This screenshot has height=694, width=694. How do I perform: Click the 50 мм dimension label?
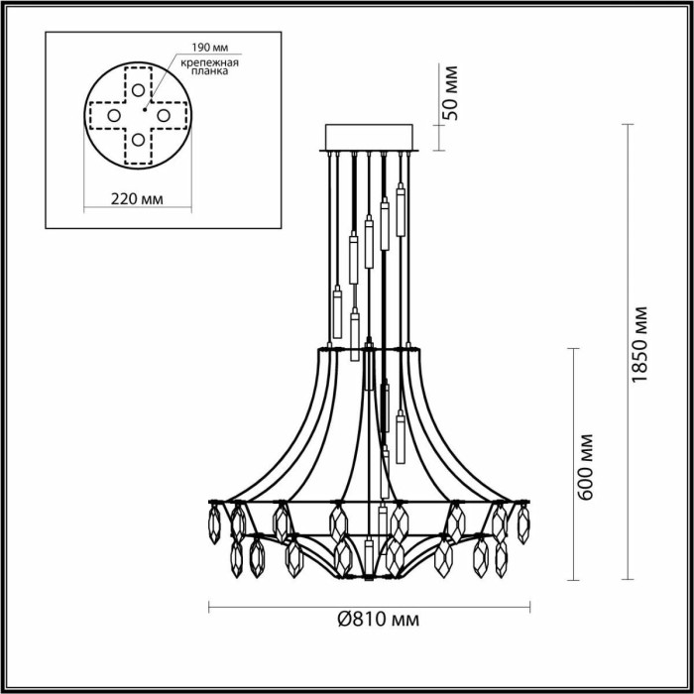tap(452, 91)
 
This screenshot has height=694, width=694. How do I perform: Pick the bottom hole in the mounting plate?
tap(136, 139)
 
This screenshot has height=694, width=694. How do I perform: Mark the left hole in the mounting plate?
tap(113, 116)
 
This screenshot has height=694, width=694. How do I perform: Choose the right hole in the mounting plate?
tap(160, 116)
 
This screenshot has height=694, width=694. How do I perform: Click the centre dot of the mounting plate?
tap(145, 102)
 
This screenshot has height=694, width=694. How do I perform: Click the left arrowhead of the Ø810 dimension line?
tap(212, 605)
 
